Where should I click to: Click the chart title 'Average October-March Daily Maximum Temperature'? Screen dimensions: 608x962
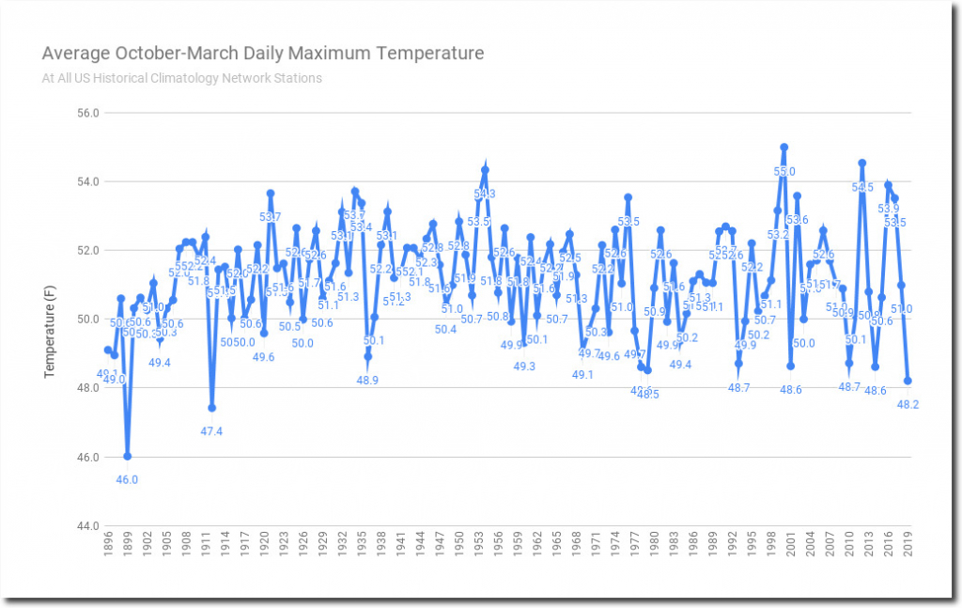pos(263,54)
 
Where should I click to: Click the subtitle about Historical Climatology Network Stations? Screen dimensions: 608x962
pos(181,78)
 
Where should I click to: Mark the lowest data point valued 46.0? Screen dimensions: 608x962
pos(127,456)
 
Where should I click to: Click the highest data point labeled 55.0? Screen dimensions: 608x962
pos(784,148)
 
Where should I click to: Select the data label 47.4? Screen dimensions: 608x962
pos(212,431)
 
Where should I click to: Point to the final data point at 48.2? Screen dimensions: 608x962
pos(908,381)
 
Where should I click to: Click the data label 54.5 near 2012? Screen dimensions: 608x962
pos(862,187)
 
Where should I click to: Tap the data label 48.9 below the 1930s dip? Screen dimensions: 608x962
pos(367,381)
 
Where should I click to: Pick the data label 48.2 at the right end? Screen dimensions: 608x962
pos(908,405)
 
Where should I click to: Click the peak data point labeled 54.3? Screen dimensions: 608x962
pos(485,170)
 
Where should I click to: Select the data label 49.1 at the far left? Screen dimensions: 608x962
pos(110,374)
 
